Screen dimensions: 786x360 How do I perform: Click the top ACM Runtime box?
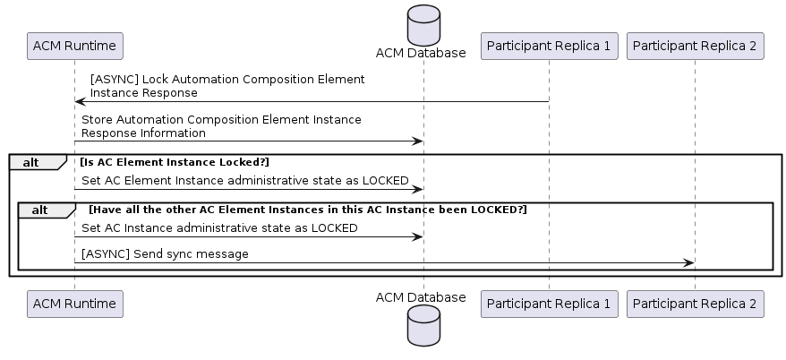[74, 47]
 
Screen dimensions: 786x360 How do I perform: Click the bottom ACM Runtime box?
[74, 304]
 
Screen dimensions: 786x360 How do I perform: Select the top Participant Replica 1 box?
[550, 47]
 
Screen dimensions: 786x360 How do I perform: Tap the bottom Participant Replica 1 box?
[550, 304]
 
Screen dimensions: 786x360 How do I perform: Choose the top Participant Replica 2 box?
[696, 47]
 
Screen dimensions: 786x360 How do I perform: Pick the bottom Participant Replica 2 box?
[696, 304]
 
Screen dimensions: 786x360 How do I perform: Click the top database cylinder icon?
[424, 25]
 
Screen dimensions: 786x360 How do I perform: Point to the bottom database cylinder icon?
[424, 325]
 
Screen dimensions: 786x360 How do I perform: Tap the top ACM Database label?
[421, 53]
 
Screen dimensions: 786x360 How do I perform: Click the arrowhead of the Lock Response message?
[80, 102]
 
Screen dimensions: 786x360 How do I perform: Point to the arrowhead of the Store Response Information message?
[417, 141]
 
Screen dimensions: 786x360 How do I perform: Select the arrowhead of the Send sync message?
[688, 262]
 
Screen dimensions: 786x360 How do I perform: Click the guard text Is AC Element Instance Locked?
[175, 162]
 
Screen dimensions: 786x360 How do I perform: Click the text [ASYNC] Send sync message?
[165, 254]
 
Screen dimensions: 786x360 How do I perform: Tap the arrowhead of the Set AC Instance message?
[417, 236]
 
